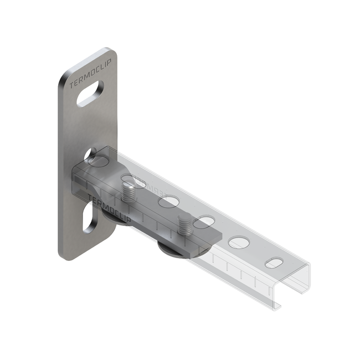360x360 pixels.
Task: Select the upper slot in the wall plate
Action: [90, 93]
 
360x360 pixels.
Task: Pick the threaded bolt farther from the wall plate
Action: [184, 225]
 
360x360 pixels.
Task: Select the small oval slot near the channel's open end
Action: [275, 263]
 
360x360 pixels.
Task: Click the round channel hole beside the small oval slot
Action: [239, 242]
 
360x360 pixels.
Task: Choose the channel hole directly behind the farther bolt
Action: [203, 222]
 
